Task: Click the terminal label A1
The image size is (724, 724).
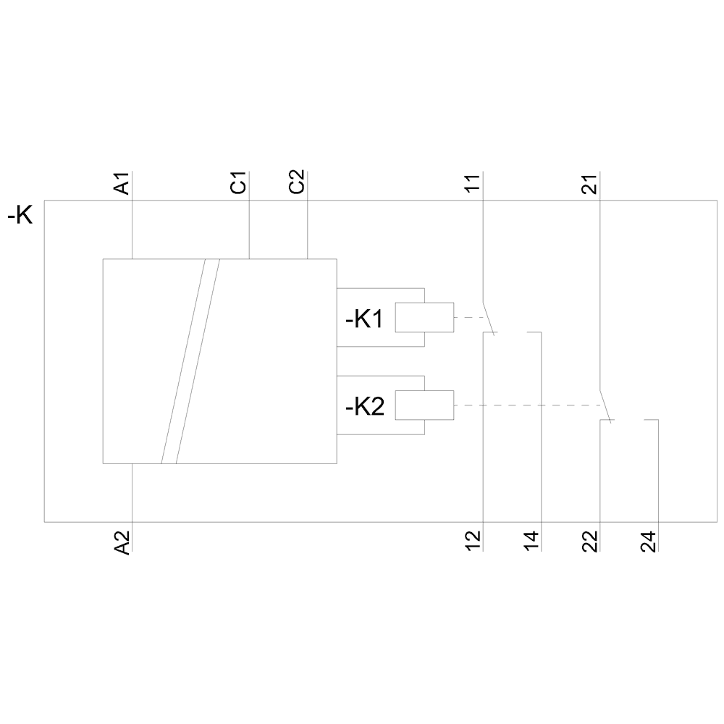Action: (123, 184)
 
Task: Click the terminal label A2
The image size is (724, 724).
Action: (123, 542)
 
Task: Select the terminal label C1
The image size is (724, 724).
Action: (239, 182)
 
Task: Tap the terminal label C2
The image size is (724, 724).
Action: (298, 182)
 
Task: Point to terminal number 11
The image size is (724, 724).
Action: (473, 184)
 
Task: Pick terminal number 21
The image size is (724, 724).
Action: (591, 184)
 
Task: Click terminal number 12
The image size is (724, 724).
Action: (473, 542)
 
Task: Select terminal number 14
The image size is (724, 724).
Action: (532, 542)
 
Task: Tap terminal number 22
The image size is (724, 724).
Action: (591, 542)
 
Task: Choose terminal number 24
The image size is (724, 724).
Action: (649, 542)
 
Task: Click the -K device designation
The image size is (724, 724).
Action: (20, 216)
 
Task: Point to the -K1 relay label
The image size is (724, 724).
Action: (363, 319)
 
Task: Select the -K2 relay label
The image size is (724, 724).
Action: (363, 407)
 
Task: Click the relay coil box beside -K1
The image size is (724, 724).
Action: (424, 318)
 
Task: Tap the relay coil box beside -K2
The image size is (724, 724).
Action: (424, 405)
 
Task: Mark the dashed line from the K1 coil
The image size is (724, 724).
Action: (469, 318)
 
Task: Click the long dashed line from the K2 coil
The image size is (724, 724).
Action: (529, 405)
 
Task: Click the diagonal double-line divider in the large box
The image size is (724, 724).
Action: (190, 361)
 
